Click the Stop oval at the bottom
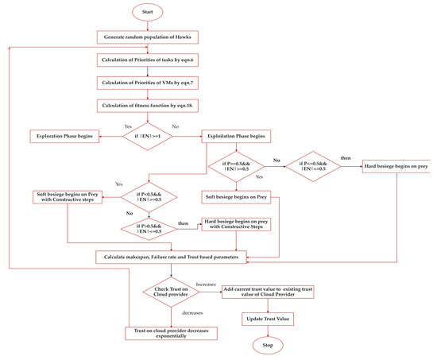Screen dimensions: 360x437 coord(269,346)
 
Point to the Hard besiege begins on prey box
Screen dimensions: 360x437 coord(397,167)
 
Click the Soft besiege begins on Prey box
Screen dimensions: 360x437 coord(240,196)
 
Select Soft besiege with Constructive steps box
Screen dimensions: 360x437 coord(65,196)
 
